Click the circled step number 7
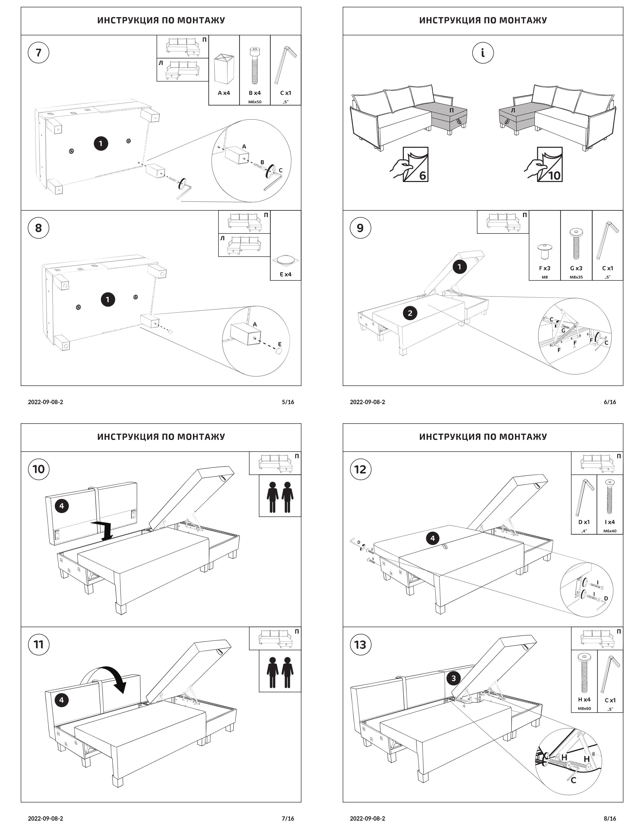(39, 53)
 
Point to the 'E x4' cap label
(285, 274)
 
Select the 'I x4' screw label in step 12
(610, 522)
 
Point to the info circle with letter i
(483, 53)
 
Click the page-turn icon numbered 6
(409, 164)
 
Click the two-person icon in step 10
(280, 496)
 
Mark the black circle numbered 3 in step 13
(454, 679)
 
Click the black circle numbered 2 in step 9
(410, 313)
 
